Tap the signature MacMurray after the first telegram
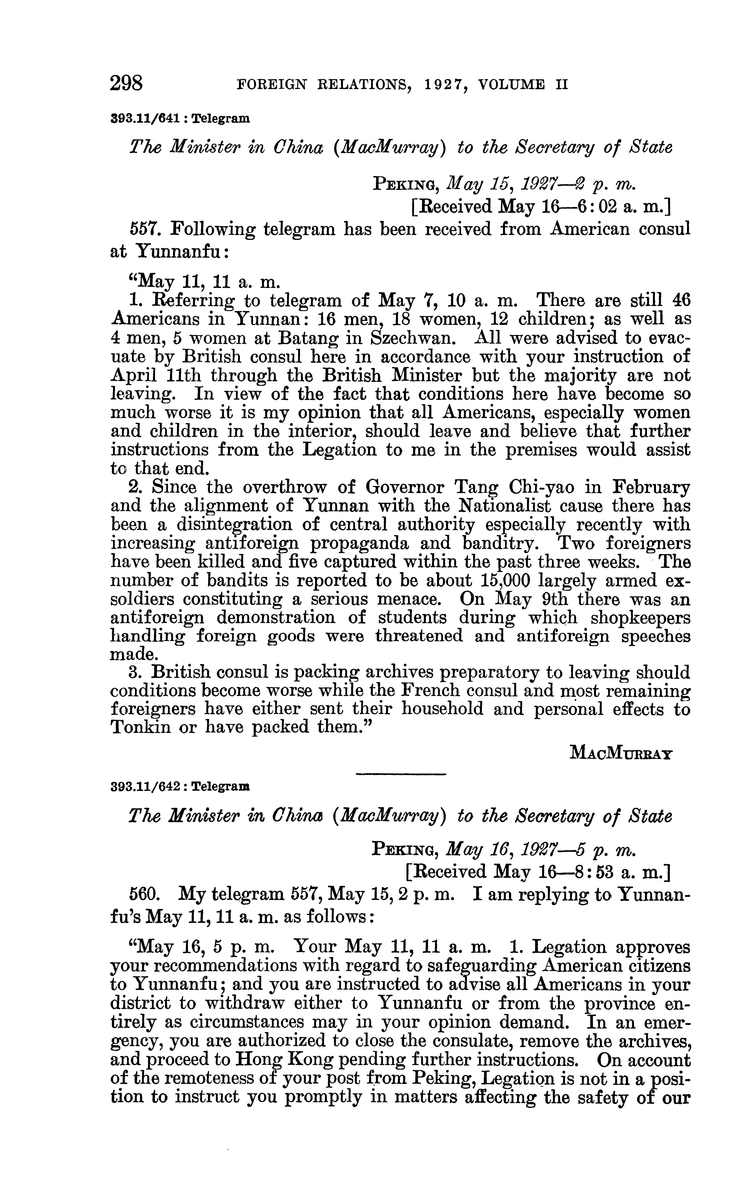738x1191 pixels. (621, 753)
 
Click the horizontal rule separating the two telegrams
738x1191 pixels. (401, 774)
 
